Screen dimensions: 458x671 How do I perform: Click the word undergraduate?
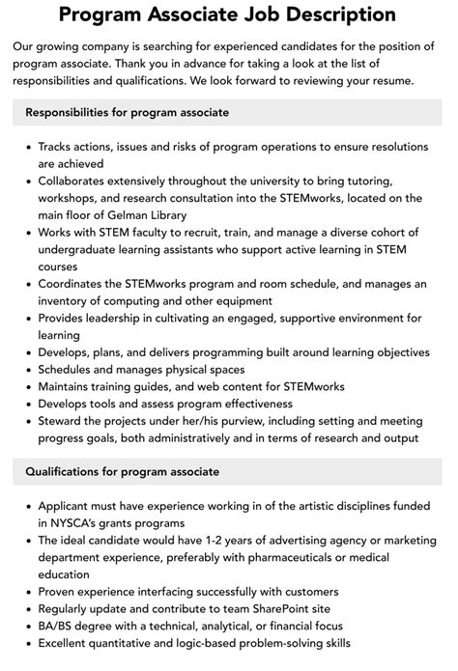tap(90, 249)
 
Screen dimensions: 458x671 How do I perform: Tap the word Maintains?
tap(71, 386)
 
